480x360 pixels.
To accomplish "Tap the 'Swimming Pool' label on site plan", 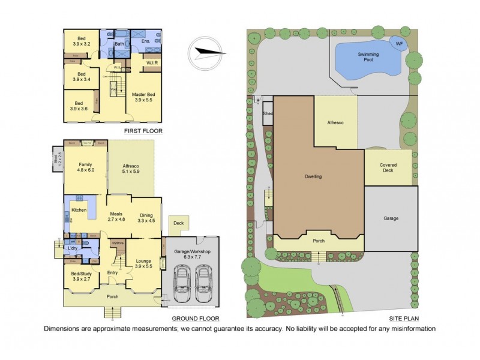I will (x=368, y=58).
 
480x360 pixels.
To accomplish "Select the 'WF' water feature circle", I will (x=398, y=43).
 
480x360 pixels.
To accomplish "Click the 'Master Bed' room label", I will (x=143, y=97).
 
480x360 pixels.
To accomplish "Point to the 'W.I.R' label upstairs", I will (x=152, y=62).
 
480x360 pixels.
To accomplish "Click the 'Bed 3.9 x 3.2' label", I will (x=80, y=41).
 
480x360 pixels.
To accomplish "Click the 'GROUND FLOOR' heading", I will (x=195, y=319).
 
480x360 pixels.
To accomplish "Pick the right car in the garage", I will (x=204, y=283).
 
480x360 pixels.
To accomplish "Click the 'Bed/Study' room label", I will (x=80, y=276).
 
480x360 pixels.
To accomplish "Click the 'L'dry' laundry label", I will (x=74, y=248).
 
